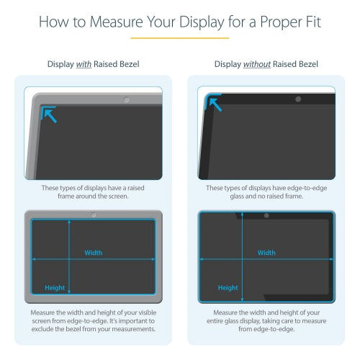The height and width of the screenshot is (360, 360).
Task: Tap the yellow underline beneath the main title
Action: pos(179,37)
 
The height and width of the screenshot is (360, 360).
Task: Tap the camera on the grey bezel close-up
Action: pos(127,97)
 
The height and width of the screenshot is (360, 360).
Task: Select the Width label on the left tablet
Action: pos(94,253)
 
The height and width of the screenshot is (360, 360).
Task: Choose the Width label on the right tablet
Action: pos(266,253)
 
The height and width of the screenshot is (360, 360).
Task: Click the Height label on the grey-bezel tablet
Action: pos(55,287)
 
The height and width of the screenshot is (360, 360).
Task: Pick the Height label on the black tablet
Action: pos(228,287)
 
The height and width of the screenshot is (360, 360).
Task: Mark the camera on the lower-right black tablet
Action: pos(266,215)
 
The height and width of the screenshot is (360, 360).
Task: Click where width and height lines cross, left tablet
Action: pos(69,258)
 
